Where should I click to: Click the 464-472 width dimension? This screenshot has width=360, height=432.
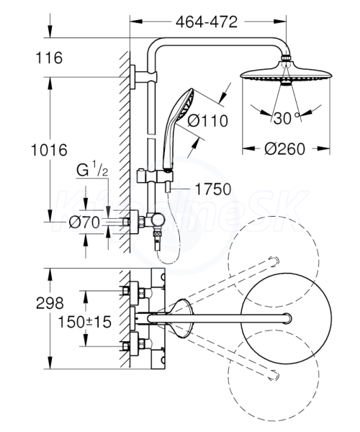[207, 22]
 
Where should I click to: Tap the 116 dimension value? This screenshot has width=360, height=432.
[49, 58]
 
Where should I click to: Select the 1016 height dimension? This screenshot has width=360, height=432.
[49, 150]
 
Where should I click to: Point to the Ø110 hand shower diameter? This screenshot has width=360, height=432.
[207, 121]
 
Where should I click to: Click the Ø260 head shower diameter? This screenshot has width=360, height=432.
[285, 149]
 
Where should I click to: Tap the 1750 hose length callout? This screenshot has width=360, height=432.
[213, 189]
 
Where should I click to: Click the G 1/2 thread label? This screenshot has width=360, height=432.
[92, 169]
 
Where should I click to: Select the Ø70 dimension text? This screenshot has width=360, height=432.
[84, 222]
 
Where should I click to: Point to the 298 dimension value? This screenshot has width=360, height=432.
[50, 303]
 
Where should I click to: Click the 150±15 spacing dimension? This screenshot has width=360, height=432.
[84, 322]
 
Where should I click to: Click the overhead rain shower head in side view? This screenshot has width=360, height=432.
[286, 73]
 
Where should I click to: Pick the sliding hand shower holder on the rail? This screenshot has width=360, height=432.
[155, 176]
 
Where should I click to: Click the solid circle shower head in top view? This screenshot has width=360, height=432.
[286, 318]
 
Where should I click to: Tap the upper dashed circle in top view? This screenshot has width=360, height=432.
[274, 261]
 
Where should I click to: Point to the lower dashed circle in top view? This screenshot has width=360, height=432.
[274, 375]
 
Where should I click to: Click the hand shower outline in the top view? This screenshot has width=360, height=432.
[181, 318]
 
